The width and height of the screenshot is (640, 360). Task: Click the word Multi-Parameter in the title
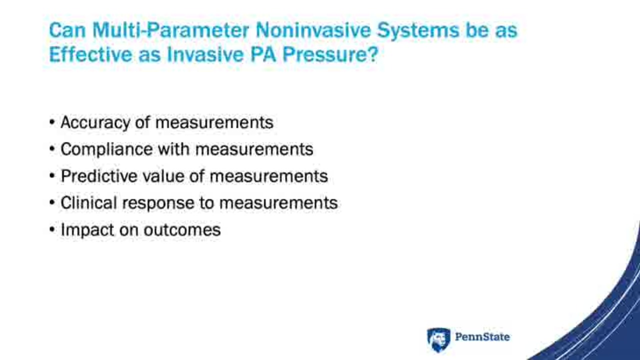171,30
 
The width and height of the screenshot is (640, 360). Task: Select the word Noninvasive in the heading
313,30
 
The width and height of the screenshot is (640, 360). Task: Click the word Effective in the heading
90,54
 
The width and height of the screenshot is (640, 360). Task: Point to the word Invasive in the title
205,54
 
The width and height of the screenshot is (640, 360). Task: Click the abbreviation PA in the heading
263,54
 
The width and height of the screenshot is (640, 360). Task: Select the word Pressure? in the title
330,54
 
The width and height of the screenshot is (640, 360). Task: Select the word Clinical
89,203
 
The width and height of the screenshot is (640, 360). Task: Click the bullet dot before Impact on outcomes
52,229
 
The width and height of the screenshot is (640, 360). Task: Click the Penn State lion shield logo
438,339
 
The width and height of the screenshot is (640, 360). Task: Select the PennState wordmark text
482,337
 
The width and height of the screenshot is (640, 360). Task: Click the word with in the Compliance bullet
174,149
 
